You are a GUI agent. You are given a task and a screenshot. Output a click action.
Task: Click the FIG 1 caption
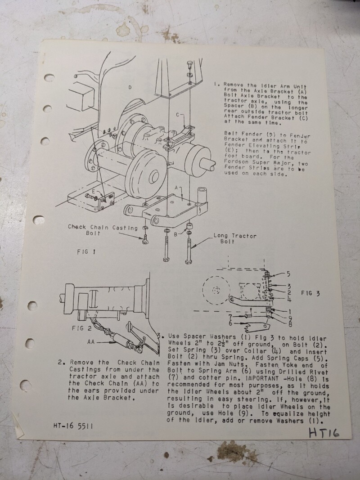click(86, 252)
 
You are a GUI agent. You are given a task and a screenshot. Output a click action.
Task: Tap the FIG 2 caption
click(82, 328)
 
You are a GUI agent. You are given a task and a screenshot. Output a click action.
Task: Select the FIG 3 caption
click(310, 293)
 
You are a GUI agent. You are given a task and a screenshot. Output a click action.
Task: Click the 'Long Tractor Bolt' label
click(235, 238)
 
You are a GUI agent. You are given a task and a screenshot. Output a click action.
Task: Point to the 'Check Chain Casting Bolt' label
click(103, 230)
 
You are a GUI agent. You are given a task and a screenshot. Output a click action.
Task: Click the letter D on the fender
click(130, 88)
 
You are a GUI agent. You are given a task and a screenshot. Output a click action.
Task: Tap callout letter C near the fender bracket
click(178, 115)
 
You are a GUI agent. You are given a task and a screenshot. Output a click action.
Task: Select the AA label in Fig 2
click(91, 341)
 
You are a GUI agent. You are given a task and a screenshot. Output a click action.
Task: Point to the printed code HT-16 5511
click(73, 426)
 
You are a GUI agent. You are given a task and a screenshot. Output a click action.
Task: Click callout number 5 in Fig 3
click(288, 274)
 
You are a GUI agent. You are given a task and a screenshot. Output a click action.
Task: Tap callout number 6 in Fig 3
click(230, 323)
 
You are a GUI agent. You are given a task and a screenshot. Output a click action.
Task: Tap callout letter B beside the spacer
click(175, 234)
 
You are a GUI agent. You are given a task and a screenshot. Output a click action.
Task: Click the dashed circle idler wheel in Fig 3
click(216, 290)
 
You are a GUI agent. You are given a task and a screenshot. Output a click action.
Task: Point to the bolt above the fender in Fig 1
click(189, 65)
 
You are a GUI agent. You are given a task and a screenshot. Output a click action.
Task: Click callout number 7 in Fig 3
click(230, 317)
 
